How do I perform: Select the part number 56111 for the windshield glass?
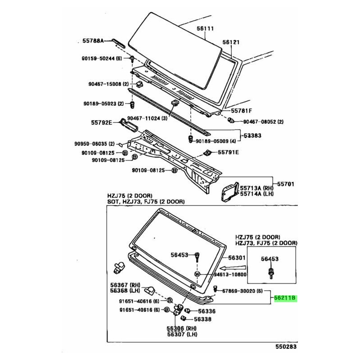pos(205,28)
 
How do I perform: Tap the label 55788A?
pos(93,41)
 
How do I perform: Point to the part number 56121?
pos(231,42)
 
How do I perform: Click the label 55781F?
pos(241,111)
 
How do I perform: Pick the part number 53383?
pos(252,135)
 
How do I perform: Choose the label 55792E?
pos(102,122)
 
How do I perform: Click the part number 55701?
pos(285,184)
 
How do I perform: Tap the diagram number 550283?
pos(286,346)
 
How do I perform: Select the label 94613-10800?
pos(230,274)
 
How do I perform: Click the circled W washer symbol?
pos(197,274)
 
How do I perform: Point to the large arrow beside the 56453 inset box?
pos(233,268)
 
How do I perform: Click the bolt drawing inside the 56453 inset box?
pos(271,273)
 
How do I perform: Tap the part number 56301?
pos(237,258)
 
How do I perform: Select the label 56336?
pos(207,311)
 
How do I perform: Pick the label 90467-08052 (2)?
pos(263,121)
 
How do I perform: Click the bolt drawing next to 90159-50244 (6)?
pos(132,59)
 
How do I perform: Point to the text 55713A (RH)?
pos(256,188)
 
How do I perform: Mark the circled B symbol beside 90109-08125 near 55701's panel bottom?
pos(175,171)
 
